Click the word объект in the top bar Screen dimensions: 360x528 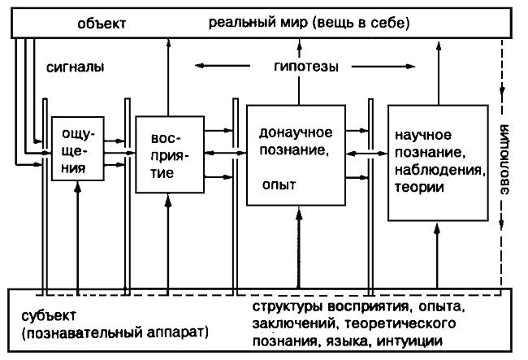pyautogui.click(x=105, y=23)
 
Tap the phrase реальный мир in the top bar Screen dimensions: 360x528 pyautogui.click(x=259, y=23)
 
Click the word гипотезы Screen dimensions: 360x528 pyautogui.click(x=305, y=66)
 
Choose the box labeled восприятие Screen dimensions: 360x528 pyautogui.click(x=169, y=153)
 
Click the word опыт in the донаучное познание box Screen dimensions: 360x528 pyautogui.click(x=276, y=184)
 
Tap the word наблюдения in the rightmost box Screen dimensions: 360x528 pyautogui.click(x=439, y=170)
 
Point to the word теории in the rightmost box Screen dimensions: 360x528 pyautogui.click(x=418, y=188)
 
